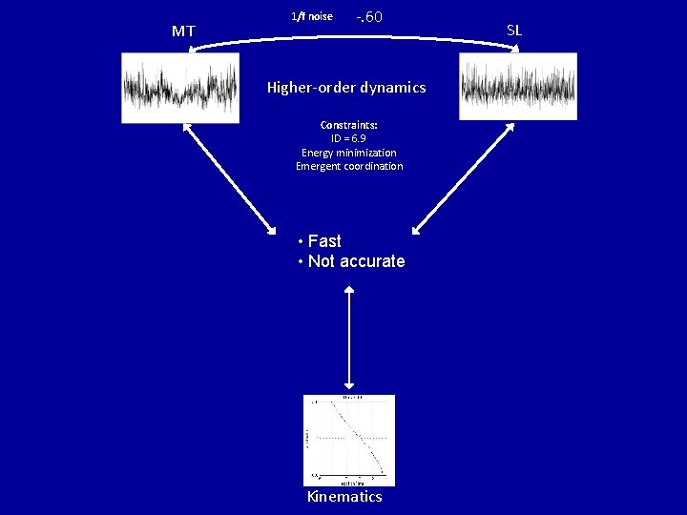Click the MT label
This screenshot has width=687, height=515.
point(183,31)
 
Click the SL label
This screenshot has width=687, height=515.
point(514,30)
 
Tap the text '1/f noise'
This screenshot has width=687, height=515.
point(312,16)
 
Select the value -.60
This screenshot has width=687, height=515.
point(369,17)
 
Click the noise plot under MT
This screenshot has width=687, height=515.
point(180,88)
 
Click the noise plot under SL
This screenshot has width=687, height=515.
point(518,86)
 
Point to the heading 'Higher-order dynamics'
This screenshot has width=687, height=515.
point(346,88)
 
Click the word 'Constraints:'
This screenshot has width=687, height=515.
point(349,125)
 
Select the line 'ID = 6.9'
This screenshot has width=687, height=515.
point(349,138)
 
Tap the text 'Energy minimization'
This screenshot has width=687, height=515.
point(349,153)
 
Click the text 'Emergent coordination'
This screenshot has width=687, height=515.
point(349,166)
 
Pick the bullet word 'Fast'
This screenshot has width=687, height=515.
point(324,241)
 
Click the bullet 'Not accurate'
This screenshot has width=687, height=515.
point(356,261)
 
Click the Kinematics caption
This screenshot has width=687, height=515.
point(344,497)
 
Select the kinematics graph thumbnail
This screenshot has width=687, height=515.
point(348,440)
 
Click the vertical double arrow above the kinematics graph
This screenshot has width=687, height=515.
point(350,334)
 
